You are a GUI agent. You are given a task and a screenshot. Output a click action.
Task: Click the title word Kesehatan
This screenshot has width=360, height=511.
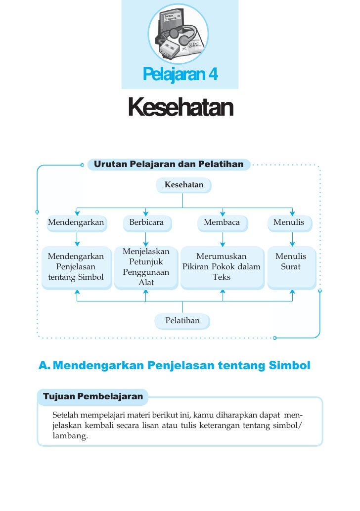180,107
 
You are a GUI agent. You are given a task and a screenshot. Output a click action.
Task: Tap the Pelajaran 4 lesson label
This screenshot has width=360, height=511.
180,75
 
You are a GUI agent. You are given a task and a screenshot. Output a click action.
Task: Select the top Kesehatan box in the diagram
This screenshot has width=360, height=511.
183,185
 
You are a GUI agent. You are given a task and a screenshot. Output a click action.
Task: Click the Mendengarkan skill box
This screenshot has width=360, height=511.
76,222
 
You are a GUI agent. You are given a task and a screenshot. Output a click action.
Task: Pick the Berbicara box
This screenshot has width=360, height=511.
146,222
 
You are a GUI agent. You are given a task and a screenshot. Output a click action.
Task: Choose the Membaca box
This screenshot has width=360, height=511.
222,222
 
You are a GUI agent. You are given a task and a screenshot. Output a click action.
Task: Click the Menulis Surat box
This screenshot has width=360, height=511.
291,266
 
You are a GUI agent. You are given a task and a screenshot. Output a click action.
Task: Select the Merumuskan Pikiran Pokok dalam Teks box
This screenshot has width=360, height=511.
222,267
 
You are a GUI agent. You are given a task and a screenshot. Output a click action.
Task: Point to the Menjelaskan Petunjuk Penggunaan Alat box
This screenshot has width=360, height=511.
146,267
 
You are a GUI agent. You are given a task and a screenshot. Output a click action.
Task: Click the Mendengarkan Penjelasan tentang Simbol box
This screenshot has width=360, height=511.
76,267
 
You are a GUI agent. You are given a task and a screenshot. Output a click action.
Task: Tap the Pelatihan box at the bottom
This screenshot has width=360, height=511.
182,321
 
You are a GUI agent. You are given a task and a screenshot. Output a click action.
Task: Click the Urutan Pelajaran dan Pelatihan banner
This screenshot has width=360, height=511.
169,164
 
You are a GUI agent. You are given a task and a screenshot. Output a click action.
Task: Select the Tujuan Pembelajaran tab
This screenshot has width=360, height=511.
93,396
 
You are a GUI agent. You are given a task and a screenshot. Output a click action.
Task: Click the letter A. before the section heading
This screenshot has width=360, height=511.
45,366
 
